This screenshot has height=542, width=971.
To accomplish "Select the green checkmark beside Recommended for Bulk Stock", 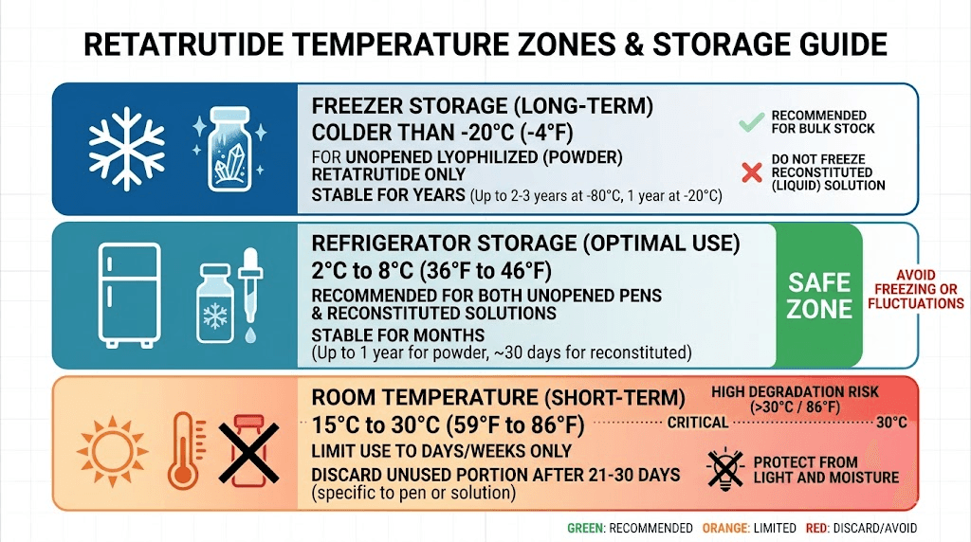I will (x=750, y=121).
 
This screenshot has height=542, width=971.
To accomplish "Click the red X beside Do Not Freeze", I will (x=750, y=172).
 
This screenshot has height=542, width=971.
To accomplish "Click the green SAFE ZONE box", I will (x=819, y=294).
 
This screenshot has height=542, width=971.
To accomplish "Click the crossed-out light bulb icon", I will (x=725, y=468).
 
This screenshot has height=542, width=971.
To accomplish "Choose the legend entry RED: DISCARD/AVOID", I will (x=865, y=528).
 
